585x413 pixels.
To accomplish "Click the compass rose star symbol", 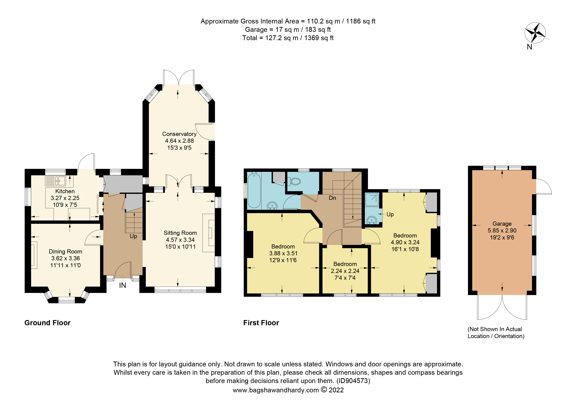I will click(535, 33).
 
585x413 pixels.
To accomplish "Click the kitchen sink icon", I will click(56, 181).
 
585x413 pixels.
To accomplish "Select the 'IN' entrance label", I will click(123, 285).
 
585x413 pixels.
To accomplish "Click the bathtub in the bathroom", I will click(254, 190).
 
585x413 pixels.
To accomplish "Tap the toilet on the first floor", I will click(295, 181).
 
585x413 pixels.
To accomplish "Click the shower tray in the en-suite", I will click(372, 199).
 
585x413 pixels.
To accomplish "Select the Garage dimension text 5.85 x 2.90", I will click(502, 230).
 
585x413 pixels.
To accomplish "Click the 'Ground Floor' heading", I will click(47, 323).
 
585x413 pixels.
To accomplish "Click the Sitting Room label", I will click(180, 233).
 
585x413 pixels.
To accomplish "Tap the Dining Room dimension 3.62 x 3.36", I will click(66, 258).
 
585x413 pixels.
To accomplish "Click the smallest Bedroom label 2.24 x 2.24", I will click(345, 271).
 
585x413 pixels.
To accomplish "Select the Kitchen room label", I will click(65, 191).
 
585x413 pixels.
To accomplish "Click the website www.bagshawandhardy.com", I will click(276, 390).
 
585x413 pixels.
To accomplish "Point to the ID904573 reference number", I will click(353, 381).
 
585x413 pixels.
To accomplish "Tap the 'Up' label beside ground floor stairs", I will click(133, 236).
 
